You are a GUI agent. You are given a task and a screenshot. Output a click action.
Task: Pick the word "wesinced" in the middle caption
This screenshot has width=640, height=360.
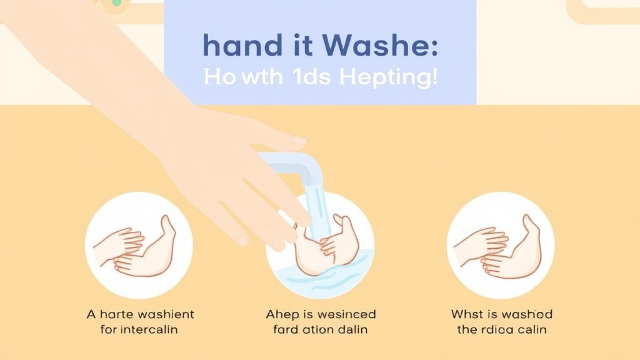coord(343,314)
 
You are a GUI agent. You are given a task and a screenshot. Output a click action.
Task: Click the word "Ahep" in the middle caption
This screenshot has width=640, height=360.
coord(281,314)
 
